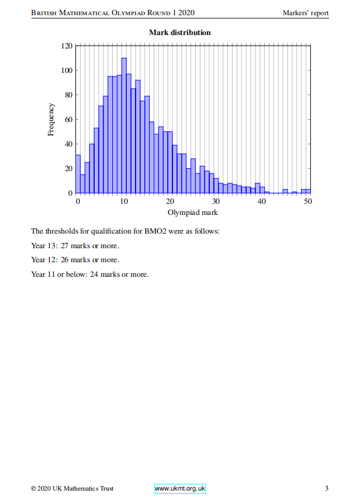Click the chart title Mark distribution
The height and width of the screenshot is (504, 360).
point(180,33)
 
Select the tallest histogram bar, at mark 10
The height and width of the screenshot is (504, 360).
point(124,126)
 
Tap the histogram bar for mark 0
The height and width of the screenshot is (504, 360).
point(78,174)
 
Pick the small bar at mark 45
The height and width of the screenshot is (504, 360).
point(285,191)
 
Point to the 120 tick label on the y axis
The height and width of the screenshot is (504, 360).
point(67,46)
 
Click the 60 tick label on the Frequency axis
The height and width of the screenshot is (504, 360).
point(68,120)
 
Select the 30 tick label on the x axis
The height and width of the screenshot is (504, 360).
point(216,201)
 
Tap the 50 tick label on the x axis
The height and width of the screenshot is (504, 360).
point(308,201)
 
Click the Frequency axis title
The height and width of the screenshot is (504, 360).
point(51,120)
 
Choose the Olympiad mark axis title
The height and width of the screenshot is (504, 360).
point(193,213)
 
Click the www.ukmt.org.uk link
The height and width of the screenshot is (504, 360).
point(180,489)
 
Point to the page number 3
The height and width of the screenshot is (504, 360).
point(327,488)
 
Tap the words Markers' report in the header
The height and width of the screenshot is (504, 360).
point(306,13)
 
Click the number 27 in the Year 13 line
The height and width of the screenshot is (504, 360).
point(65,246)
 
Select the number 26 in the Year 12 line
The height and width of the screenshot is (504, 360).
point(65,260)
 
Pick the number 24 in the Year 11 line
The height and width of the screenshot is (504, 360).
point(94,274)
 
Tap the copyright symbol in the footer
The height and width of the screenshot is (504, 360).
point(33,489)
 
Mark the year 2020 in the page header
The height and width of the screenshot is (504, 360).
point(186,13)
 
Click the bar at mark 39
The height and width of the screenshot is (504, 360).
point(257,188)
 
